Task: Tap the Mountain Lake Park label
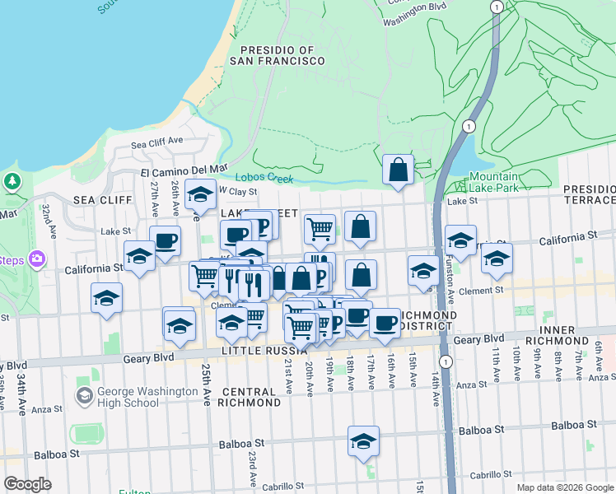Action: [494, 183]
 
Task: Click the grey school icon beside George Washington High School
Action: [84, 397]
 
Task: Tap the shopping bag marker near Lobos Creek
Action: [398, 170]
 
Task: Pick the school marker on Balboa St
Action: [363, 442]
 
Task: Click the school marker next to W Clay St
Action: [199, 196]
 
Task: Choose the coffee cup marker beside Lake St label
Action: [165, 241]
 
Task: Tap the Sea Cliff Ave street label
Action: [157, 142]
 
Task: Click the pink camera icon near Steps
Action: [36, 259]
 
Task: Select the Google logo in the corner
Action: [27, 483]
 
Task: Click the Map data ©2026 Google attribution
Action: [564, 487]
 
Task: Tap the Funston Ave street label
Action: [451, 283]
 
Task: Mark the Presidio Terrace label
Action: [589, 194]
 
